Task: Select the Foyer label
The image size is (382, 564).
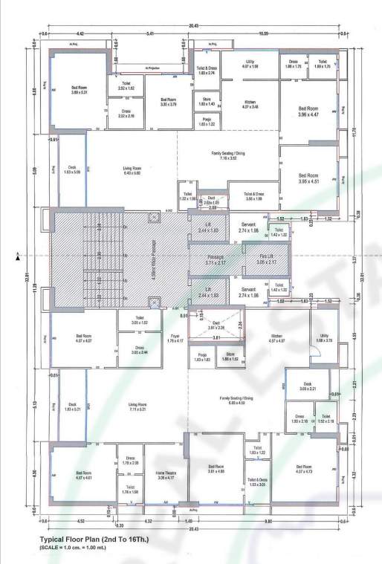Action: pyautogui.click(x=175, y=338)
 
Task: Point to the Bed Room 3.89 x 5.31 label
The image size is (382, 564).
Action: pyautogui.click(x=80, y=90)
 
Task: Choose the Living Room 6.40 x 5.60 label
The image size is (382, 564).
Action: pyautogui.click(x=132, y=172)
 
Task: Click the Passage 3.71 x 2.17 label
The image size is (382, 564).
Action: pyautogui.click(x=210, y=259)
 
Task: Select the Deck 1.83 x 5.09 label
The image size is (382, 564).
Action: pyautogui.click(x=72, y=169)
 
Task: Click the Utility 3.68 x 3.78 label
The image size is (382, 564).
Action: pyautogui.click(x=323, y=339)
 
